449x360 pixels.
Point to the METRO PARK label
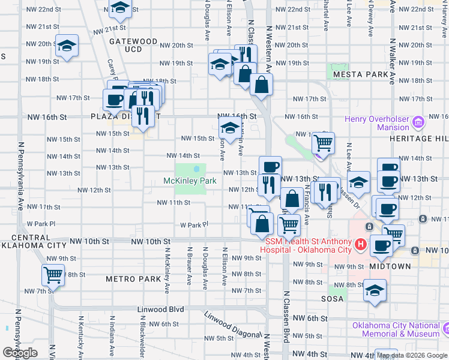(133, 279)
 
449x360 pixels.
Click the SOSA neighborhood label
(336, 298)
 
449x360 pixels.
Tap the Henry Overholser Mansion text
(376, 123)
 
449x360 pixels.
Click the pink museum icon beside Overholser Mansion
(419, 123)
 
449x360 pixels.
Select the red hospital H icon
(360, 244)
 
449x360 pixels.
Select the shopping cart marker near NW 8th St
(53, 275)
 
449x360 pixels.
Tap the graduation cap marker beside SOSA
(376, 290)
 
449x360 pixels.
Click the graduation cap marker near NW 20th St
(67, 45)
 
